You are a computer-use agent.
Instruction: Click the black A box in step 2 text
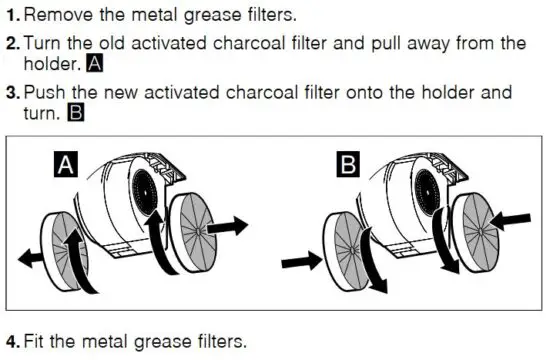(x=95, y=65)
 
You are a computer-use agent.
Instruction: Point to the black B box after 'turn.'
(x=75, y=115)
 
